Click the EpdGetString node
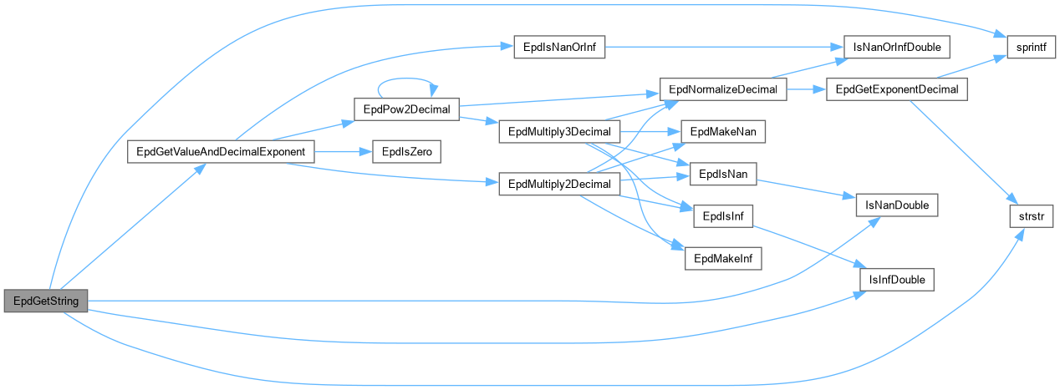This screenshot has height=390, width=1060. point(45,301)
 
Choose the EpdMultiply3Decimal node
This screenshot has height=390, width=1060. point(558,132)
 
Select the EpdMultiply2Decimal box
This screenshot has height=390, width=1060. point(558,185)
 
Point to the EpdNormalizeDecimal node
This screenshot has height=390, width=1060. point(723,89)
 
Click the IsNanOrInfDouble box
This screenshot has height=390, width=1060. point(897,47)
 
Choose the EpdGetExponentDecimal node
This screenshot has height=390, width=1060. point(897,89)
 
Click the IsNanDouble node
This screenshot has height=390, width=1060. point(897,203)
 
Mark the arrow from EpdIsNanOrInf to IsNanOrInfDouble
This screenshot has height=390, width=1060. point(719,47)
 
